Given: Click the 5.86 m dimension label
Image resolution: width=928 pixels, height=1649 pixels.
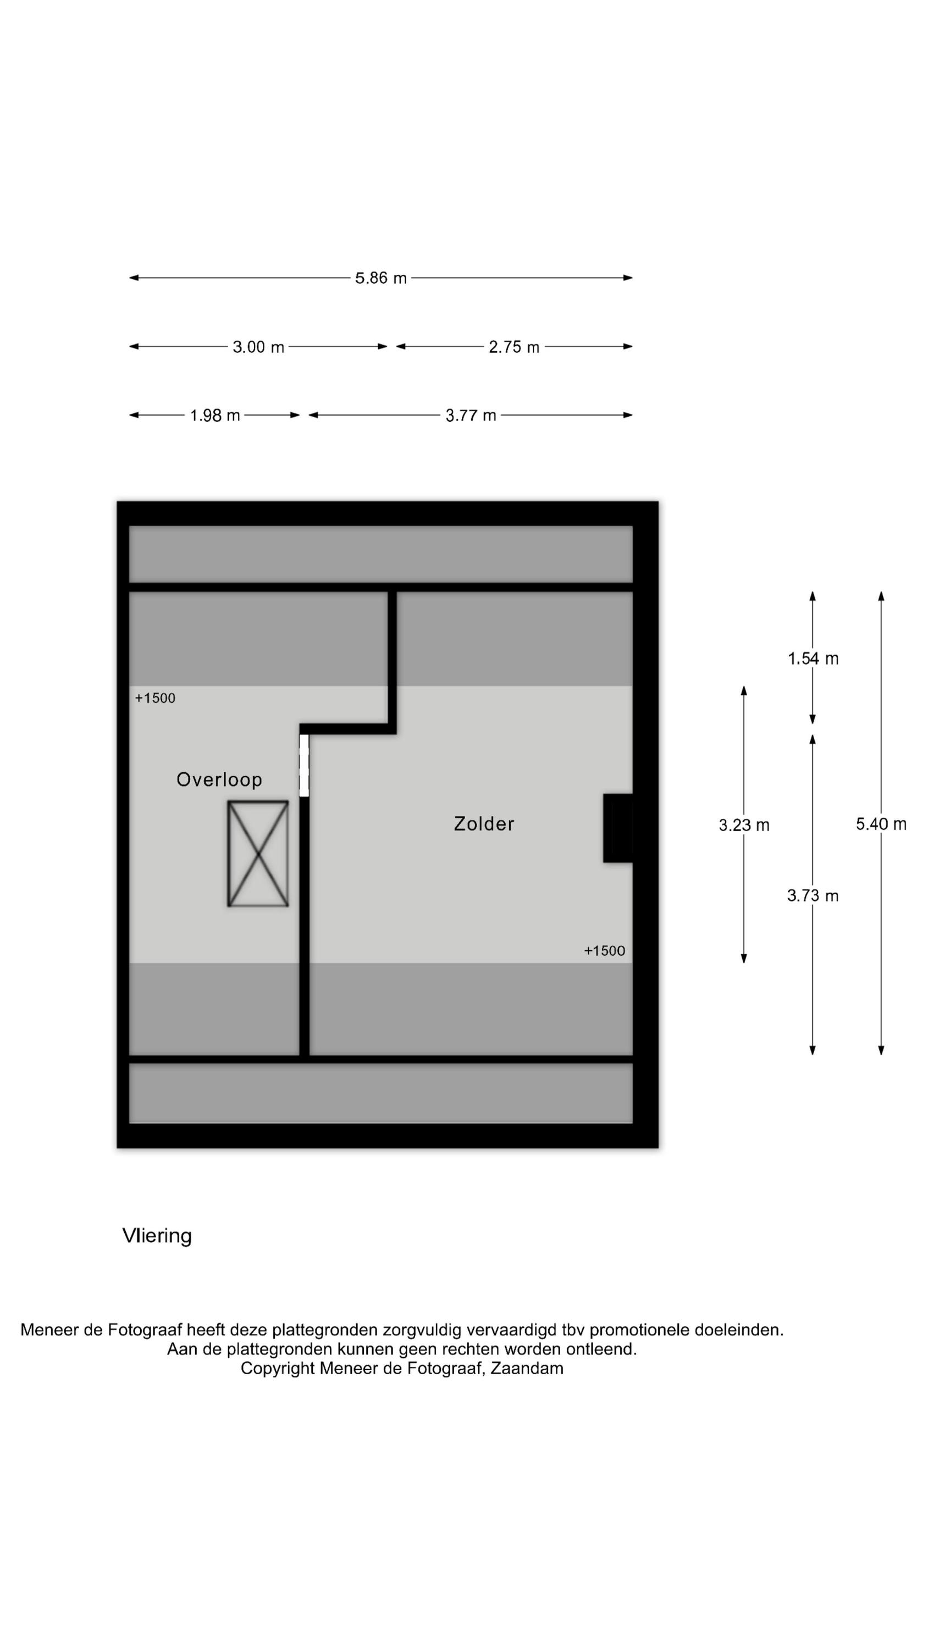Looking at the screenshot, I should point(380,278).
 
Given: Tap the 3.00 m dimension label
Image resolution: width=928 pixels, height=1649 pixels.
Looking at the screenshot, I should point(258,347).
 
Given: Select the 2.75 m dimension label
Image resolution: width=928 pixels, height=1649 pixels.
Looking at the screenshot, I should point(513,347).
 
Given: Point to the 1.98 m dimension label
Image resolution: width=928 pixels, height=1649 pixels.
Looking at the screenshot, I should point(214,416).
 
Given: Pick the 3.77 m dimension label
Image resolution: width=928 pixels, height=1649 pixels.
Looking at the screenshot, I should point(471,416).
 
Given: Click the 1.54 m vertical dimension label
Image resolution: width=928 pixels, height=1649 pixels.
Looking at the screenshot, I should point(812,658).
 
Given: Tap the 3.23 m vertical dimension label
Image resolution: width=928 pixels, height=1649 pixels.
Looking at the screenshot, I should point(743,825).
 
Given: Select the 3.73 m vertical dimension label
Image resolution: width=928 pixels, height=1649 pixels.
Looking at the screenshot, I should point(812,895).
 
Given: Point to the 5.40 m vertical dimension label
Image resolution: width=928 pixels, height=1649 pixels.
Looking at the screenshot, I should point(881,824).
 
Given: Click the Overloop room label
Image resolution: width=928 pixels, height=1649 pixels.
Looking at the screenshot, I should point(219,779).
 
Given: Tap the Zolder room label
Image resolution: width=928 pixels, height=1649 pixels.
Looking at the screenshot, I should point(484,824).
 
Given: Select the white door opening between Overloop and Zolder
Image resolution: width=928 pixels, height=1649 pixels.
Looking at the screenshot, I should point(304,765).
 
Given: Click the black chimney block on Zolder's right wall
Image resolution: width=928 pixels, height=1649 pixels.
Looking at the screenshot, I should point(617,828).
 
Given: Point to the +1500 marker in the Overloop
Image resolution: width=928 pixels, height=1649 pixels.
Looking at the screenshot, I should point(155,698).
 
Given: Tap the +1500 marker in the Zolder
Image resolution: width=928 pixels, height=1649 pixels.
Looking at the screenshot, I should point(604,950).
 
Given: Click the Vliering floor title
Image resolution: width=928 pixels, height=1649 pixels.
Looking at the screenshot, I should point(157,1236).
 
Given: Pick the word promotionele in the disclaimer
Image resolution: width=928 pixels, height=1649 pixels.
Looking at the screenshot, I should point(638,1330).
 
